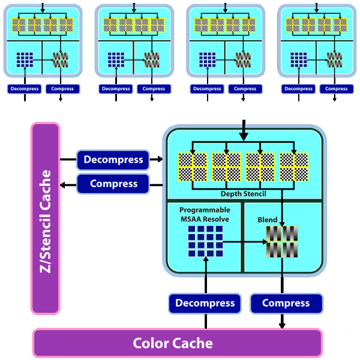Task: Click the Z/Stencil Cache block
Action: [46, 218]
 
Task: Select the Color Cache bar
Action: [177, 343]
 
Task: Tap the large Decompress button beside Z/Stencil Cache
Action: [113, 160]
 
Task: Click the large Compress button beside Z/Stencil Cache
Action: [113, 184]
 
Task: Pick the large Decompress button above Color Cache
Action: [205, 303]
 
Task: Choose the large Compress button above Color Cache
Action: [286, 303]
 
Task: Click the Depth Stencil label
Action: [243, 194]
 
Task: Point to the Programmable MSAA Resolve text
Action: [205, 215]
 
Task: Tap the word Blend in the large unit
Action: [268, 220]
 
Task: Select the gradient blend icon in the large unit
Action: [282, 241]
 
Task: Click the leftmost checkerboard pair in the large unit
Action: [193, 166]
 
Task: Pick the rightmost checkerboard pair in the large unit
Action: [294, 166]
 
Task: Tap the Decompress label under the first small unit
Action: [25, 89]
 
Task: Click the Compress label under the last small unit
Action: [336, 89]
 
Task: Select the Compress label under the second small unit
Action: [154, 89]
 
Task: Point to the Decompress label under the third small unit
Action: [207, 89]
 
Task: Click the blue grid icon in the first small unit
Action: [25, 59]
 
